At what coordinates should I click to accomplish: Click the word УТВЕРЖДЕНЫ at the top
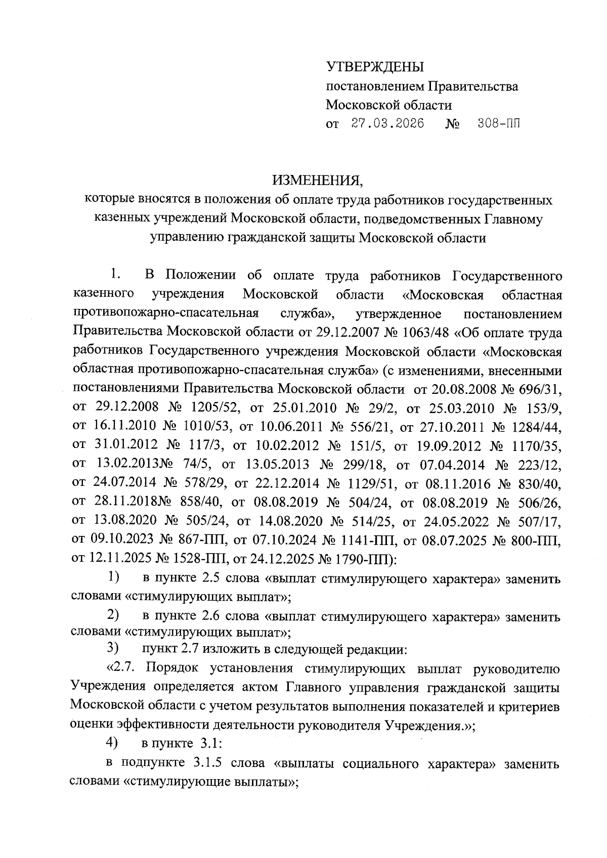pyautogui.click(x=375, y=67)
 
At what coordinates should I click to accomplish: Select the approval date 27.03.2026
pyautogui.click(x=388, y=124)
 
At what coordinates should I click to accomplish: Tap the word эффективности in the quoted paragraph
pyautogui.click(x=163, y=724)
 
